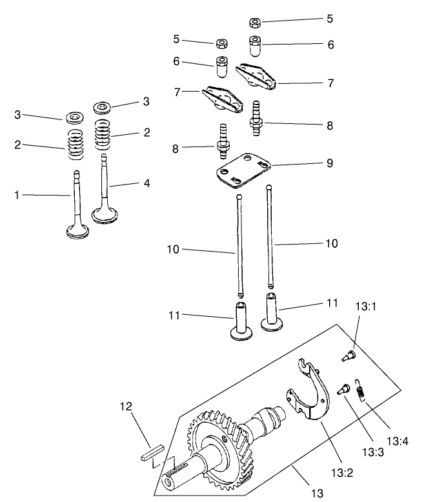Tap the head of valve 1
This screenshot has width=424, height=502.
click(x=76, y=232)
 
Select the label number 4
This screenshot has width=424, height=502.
click(x=146, y=183)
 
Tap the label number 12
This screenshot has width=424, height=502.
click(x=126, y=407)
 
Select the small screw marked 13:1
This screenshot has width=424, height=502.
click(x=348, y=354)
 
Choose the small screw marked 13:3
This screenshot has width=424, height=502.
click(x=343, y=388)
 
